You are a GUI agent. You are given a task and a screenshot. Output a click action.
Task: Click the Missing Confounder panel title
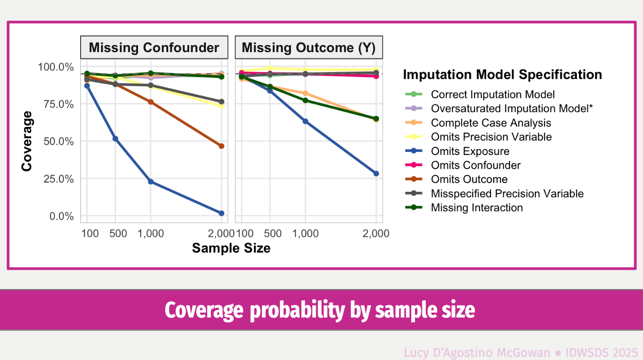154,47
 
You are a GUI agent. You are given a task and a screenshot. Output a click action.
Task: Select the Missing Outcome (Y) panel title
308,47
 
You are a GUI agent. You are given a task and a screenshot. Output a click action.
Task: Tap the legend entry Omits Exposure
470,151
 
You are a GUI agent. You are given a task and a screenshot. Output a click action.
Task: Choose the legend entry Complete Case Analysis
491,123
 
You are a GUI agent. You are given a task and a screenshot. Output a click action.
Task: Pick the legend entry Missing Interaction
477,208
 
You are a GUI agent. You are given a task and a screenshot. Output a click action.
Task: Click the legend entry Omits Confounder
476,165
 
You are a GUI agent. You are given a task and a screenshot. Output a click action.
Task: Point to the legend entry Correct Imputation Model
492,95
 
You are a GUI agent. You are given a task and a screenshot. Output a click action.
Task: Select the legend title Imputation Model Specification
502,74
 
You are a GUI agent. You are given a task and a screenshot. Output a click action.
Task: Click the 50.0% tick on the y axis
58,141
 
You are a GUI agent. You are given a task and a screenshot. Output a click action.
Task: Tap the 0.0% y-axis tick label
61,216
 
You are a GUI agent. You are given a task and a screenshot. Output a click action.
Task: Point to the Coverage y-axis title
27,141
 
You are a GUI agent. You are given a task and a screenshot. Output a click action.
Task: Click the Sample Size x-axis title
231,248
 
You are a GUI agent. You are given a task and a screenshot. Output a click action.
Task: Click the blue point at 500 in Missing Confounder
115,139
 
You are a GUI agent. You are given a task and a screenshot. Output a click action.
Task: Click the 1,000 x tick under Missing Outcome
305,233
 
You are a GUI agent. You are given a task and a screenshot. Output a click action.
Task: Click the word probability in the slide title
297,310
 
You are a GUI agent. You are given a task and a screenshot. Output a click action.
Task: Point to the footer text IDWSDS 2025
601,353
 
